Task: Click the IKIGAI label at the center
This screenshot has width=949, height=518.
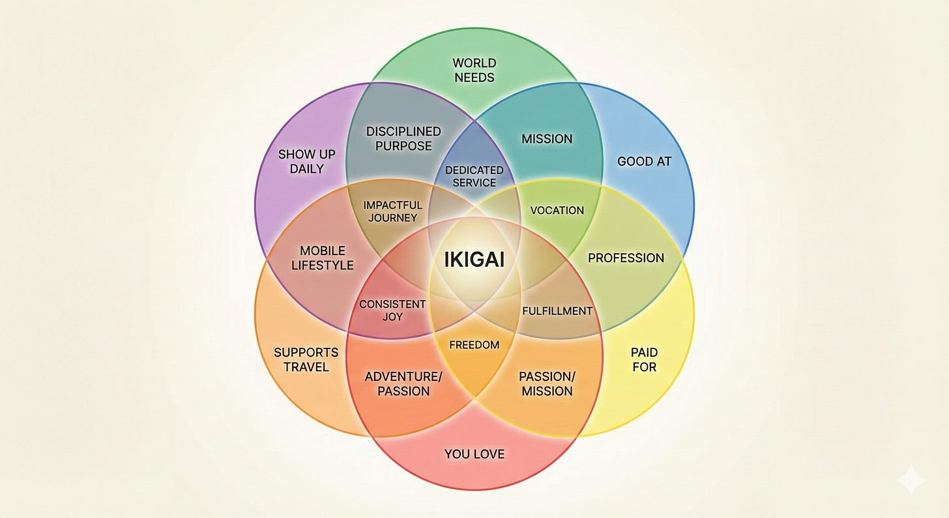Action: coord(474,260)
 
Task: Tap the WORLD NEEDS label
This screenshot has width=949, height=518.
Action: coord(474,70)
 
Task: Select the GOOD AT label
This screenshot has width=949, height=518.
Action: coord(644,161)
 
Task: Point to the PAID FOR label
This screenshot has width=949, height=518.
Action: coord(644,359)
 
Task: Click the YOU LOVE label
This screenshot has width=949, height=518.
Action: coord(474,453)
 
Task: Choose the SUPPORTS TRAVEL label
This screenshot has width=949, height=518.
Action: coord(306,359)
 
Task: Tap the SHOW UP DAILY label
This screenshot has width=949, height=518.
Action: coord(306,161)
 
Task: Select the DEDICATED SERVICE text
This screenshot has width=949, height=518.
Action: coord(474,176)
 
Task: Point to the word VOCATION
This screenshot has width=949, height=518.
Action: coord(557,210)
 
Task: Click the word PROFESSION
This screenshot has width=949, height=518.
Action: coord(626,258)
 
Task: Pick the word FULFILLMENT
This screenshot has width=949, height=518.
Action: coord(557,311)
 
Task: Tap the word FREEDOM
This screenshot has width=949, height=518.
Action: coord(474,344)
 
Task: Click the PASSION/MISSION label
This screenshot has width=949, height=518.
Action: coord(546,384)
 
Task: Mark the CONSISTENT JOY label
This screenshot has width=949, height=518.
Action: coord(392,310)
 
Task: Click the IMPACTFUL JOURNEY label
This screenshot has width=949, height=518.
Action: coord(392,211)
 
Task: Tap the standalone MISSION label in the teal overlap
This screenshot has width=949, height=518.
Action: coord(547,138)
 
